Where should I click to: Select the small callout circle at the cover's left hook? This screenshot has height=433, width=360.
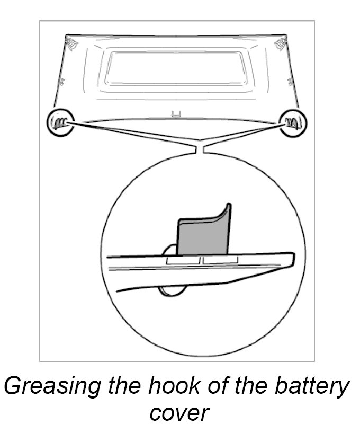[x=59, y=122]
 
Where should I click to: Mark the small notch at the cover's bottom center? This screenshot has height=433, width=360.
[x=177, y=113]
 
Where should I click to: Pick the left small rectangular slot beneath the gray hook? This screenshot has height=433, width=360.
[x=183, y=261]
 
